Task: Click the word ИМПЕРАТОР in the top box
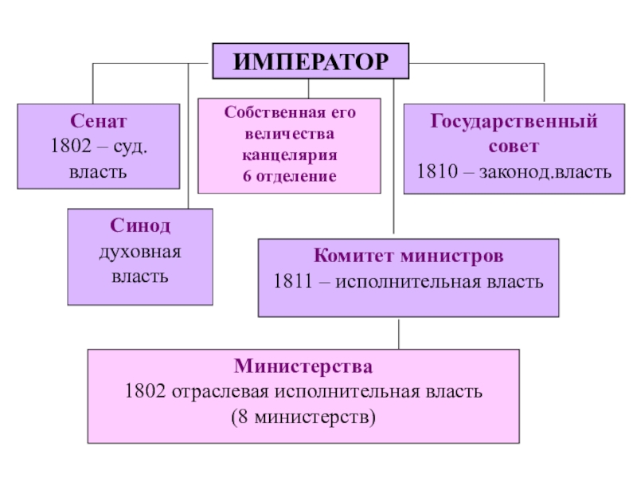tap(310, 62)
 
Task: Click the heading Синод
tap(140, 226)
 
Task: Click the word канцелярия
tap(290, 155)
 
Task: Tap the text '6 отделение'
tap(290, 175)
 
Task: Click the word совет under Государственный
tap(513, 147)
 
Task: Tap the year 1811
tap(292, 282)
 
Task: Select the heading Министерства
tap(303, 367)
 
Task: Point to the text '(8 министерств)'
tap(303, 417)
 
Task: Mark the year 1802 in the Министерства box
tap(144, 392)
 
